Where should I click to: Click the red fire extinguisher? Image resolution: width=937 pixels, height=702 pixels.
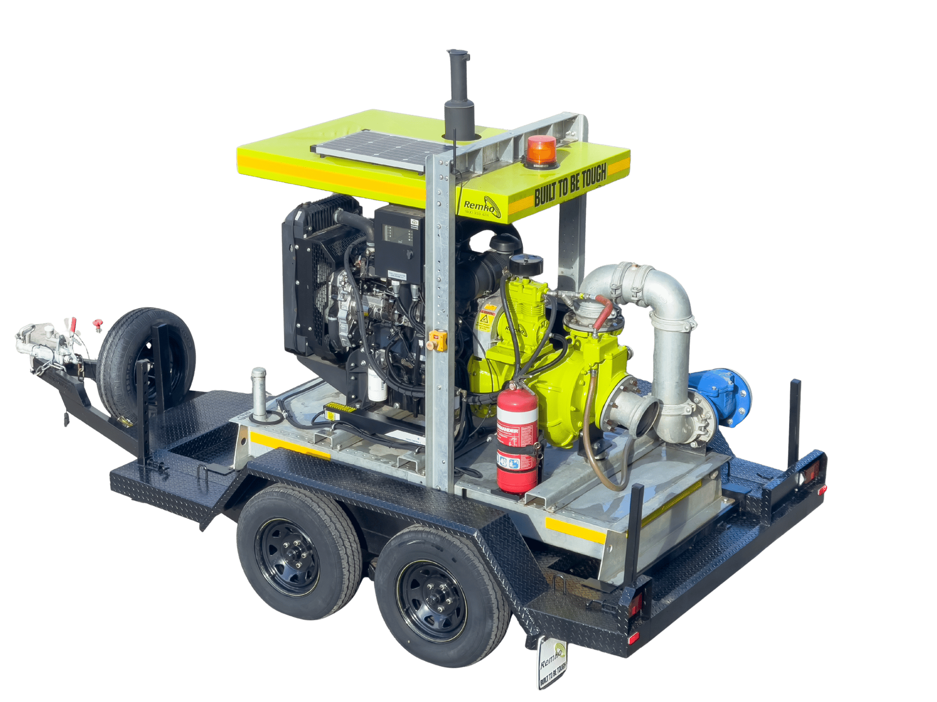[x=517, y=440]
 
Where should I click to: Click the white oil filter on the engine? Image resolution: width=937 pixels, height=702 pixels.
[x=377, y=388]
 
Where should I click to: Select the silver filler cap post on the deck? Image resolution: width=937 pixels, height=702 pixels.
[x=259, y=393]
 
